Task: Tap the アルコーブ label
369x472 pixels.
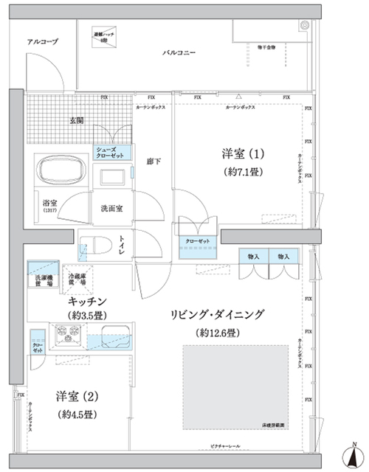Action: pos(42,42)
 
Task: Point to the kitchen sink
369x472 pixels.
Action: pos(108,341)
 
